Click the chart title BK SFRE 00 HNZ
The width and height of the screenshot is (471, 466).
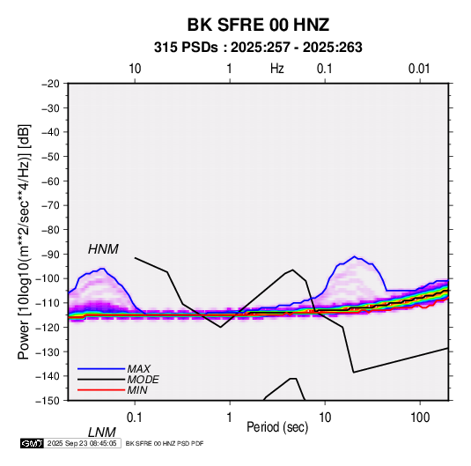(258, 25)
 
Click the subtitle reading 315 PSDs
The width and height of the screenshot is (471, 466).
(186, 48)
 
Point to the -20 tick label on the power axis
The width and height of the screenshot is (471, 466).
(50, 84)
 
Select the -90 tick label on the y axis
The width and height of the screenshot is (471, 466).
(50, 254)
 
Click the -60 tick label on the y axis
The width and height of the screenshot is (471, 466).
(50, 181)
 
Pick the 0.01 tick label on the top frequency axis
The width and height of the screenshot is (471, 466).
(419, 69)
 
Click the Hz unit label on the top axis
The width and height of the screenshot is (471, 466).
(277, 69)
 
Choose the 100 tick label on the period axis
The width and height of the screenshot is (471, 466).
(420, 418)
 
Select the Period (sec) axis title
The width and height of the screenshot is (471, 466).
(277, 427)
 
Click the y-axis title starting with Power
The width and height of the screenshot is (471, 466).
(24, 242)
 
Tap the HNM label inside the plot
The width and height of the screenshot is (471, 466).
(103, 249)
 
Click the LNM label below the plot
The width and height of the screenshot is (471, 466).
(101, 433)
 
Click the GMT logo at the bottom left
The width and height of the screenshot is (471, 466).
(32, 443)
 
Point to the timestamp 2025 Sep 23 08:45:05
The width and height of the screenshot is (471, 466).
(82, 443)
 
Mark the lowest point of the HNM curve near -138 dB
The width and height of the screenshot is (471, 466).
(354, 373)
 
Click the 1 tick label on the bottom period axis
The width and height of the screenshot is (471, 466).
(230, 418)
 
